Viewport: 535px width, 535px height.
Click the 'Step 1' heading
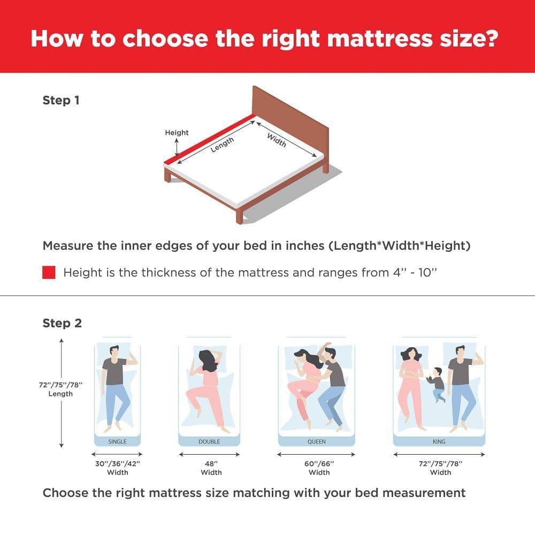(x=61, y=101)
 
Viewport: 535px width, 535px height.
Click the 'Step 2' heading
(x=62, y=323)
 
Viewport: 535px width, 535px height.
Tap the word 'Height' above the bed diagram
(x=177, y=132)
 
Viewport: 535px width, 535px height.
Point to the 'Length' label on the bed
(x=222, y=144)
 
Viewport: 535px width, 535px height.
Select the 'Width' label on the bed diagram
(x=277, y=140)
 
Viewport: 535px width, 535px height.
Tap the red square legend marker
(x=49, y=273)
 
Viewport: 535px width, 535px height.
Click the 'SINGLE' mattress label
(x=117, y=441)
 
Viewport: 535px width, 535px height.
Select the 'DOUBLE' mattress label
(x=209, y=441)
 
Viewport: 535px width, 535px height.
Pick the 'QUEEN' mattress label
(x=317, y=441)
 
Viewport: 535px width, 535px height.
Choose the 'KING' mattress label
(x=439, y=441)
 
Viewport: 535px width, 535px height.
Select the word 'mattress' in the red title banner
(x=380, y=39)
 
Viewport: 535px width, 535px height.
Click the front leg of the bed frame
(x=240, y=215)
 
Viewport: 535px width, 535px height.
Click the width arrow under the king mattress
(x=439, y=454)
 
